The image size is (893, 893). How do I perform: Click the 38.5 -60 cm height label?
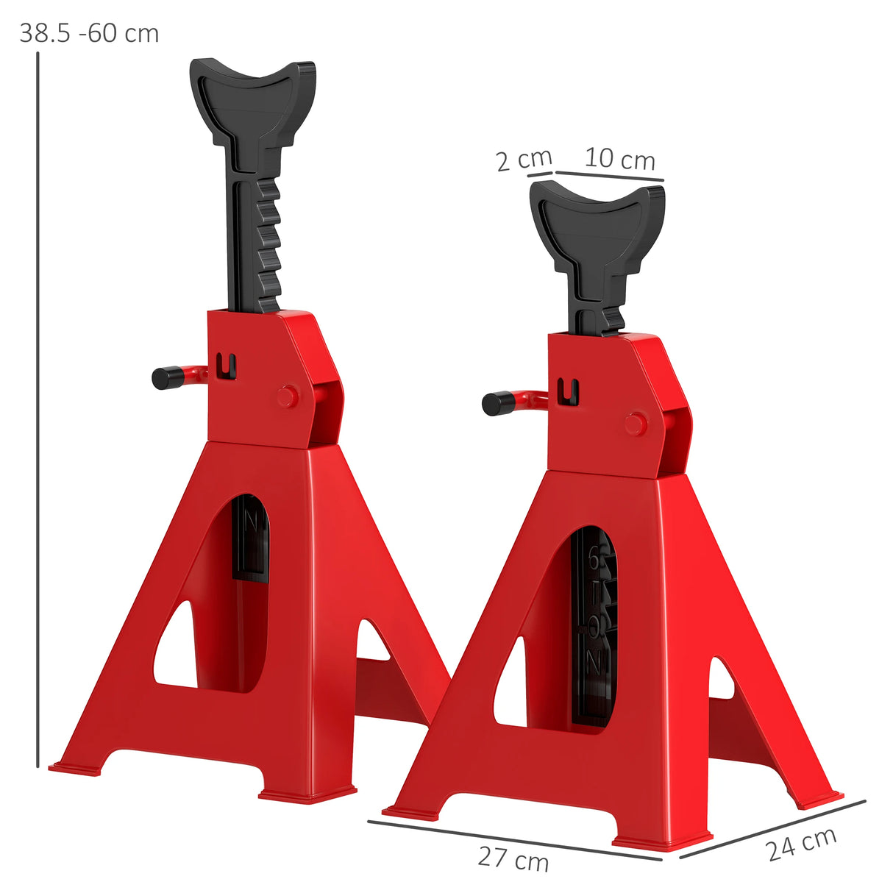point(89,33)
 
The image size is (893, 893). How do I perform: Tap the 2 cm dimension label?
point(523,160)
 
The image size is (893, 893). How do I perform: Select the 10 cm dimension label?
point(619,159)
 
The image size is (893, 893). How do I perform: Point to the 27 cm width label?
point(513,858)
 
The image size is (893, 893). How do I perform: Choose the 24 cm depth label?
point(801,843)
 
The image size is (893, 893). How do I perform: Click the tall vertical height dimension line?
point(37,405)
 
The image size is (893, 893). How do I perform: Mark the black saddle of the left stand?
point(252,96)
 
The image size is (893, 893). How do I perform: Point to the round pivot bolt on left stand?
point(287,396)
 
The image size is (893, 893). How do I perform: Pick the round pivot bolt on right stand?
point(635,424)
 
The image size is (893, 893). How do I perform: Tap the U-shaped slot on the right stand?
point(569,391)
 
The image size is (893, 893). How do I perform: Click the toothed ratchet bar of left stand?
point(267,243)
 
